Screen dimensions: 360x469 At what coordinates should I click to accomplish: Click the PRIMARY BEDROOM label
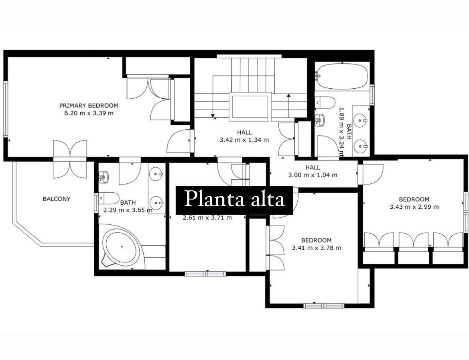(89, 106)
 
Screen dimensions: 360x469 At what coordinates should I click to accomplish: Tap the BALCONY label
(57, 199)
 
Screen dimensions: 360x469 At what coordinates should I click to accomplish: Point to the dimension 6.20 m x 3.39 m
(89, 113)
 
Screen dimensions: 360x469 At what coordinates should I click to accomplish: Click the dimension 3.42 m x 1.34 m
(244, 140)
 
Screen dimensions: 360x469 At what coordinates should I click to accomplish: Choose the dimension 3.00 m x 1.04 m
(313, 175)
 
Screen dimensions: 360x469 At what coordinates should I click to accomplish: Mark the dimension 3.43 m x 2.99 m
(414, 207)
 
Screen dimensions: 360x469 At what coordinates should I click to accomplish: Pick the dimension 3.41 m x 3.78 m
(317, 248)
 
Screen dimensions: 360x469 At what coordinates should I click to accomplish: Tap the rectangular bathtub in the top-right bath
(342, 76)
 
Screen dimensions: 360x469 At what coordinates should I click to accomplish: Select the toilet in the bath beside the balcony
(109, 197)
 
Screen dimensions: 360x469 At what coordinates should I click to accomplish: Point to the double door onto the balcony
(70, 159)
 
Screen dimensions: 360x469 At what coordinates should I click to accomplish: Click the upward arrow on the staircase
(289, 106)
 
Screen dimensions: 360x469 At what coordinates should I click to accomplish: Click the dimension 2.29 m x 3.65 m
(128, 210)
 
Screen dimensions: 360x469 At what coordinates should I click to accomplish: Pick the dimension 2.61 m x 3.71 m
(207, 218)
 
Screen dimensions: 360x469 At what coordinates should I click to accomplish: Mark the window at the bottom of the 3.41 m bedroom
(324, 306)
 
